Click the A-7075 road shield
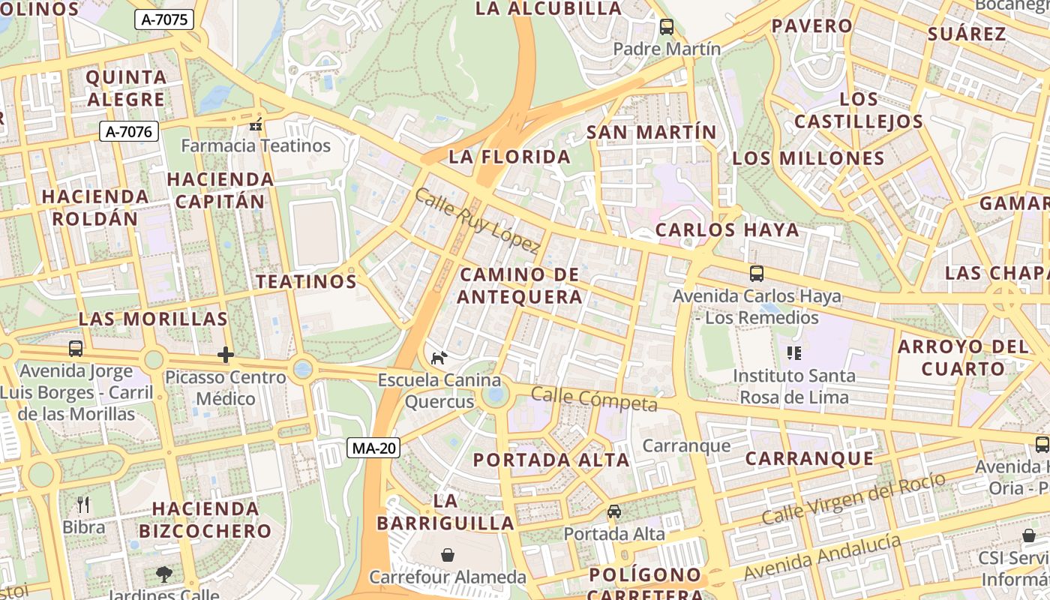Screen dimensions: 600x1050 click(x=164, y=20)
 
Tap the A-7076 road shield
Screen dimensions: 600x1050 click(x=128, y=132)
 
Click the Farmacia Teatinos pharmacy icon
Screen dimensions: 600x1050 click(x=256, y=124)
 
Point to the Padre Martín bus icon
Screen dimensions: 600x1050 click(x=666, y=27)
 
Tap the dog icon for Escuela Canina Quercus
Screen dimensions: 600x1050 click(x=439, y=358)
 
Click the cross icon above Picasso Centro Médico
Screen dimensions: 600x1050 click(x=226, y=355)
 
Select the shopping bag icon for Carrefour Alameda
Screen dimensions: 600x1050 click(x=448, y=555)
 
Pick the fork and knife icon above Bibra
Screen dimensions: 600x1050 click(x=83, y=505)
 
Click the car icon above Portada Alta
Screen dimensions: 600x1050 click(x=614, y=511)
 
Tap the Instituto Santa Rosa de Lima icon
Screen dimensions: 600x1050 click(x=793, y=352)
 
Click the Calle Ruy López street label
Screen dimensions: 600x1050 click(x=477, y=220)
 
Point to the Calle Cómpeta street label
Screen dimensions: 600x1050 click(x=594, y=399)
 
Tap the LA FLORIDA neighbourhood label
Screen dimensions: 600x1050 click(x=510, y=157)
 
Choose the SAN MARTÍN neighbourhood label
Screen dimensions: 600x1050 click(x=651, y=133)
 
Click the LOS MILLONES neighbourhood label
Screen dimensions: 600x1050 click(x=808, y=158)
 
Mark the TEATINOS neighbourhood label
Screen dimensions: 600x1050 click(x=306, y=282)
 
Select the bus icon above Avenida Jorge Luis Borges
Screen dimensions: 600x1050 click(x=76, y=349)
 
